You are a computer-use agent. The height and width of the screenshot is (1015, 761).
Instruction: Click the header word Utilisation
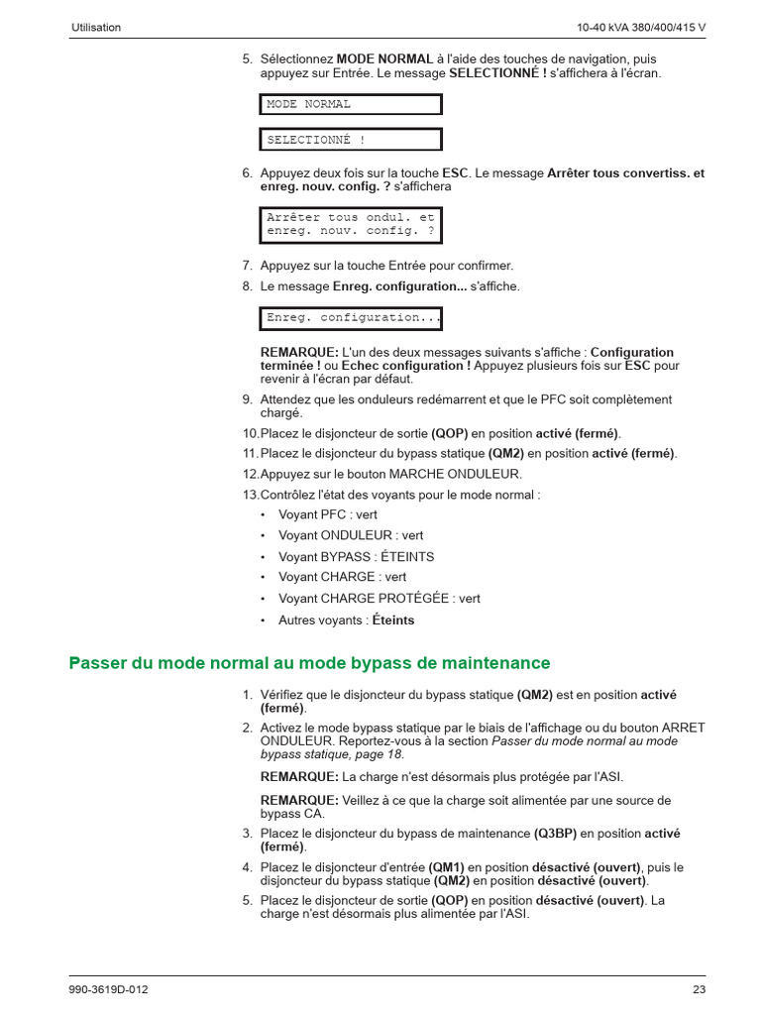(x=96, y=28)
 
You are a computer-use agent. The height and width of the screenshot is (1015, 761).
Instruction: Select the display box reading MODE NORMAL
(x=351, y=104)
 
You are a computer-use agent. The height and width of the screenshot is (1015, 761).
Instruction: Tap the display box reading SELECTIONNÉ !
(x=351, y=140)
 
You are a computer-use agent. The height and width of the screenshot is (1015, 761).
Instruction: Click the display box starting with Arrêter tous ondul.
(x=351, y=224)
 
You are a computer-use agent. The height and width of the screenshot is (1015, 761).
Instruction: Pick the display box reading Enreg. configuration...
(x=351, y=318)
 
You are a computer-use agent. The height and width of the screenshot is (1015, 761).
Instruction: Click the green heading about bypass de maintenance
(x=309, y=662)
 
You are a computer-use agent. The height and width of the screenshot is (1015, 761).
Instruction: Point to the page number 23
(x=699, y=989)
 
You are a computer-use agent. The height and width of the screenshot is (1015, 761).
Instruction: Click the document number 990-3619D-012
(x=110, y=989)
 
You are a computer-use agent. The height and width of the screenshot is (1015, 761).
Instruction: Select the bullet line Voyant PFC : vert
(x=327, y=514)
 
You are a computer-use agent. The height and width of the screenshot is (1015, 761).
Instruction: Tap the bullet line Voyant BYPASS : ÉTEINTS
(x=356, y=557)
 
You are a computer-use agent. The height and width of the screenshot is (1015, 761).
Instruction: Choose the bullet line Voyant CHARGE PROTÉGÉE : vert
(x=379, y=599)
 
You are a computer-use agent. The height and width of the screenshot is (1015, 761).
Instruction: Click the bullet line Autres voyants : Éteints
(x=346, y=620)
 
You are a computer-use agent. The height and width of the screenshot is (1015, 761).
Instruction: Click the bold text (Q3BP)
(x=555, y=834)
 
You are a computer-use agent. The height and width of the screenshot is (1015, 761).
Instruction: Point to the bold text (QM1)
(x=446, y=867)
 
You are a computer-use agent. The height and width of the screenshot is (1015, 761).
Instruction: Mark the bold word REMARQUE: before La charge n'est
(x=299, y=776)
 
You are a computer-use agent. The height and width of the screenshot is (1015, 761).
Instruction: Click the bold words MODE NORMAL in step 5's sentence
(x=384, y=59)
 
